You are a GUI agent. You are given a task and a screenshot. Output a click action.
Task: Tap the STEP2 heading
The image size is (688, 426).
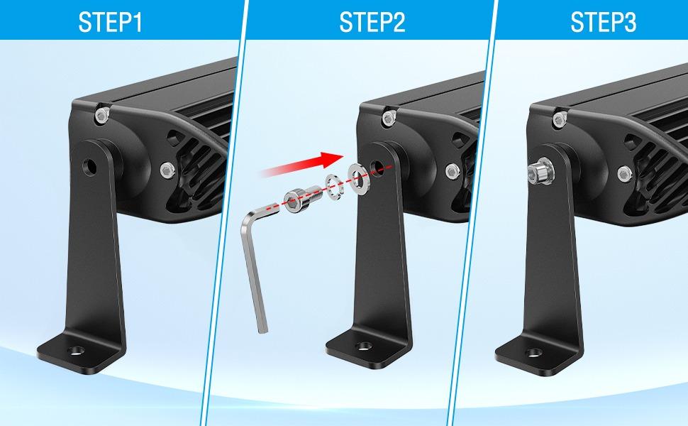[372, 23]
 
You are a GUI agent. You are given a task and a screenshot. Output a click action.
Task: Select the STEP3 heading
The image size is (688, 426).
[603, 23]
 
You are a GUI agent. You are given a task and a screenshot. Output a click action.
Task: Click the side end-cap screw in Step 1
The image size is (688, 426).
[167, 170]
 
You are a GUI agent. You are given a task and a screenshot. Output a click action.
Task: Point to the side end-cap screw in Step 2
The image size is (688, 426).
[452, 171]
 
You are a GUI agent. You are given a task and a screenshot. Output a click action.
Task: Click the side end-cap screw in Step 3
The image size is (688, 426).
[624, 171]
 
